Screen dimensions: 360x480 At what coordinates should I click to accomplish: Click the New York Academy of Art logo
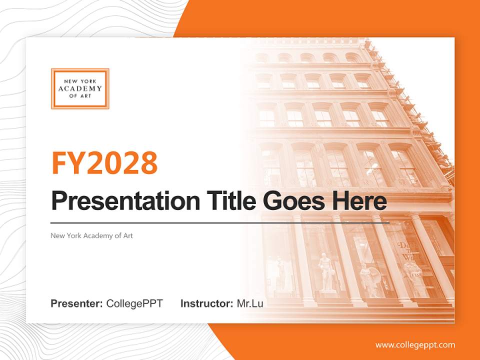[x=80, y=88]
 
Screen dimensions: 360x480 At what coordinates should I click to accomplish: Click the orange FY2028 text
[x=104, y=163]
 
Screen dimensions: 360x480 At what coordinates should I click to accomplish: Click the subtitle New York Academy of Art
[x=92, y=235]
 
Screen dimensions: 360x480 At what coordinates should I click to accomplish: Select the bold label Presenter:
[x=77, y=303]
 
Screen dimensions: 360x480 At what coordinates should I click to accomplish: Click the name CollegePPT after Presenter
[x=134, y=303]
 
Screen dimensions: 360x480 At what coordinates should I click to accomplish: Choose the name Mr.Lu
[x=250, y=303]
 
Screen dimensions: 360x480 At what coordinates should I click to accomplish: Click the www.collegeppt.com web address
[x=415, y=345]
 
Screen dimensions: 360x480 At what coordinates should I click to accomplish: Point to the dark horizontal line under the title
[x=220, y=222]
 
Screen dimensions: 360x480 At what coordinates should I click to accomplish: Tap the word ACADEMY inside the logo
[x=80, y=88]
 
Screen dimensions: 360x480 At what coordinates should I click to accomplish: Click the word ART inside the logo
[x=86, y=96]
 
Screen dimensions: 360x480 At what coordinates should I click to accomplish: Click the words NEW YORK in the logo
[x=80, y=81]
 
